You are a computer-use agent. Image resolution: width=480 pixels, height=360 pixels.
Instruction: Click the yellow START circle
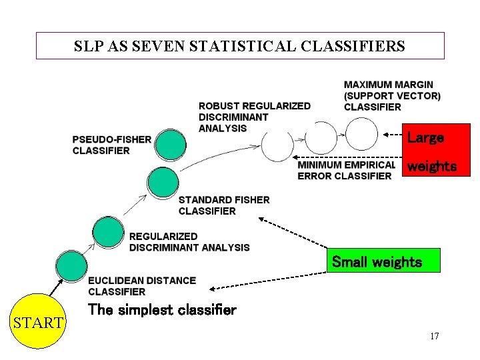39,322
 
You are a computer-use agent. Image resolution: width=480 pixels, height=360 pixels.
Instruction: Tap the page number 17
434,336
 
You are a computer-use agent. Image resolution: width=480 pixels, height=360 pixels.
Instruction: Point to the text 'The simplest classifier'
162,310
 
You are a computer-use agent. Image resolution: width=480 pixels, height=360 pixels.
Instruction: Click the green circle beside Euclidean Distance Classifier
71,265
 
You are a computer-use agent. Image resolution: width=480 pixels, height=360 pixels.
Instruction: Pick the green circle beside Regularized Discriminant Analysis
108,231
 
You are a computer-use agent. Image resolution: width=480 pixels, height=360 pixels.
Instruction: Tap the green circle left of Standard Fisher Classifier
162,182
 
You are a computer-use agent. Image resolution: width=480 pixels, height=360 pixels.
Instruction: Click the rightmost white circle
362,134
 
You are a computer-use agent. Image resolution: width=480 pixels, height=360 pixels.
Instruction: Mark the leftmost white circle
277,145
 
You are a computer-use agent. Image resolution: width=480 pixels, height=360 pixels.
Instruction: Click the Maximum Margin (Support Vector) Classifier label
392,96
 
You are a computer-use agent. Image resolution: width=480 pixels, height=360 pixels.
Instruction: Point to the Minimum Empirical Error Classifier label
346,170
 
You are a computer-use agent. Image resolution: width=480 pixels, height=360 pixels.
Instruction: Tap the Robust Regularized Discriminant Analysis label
254,117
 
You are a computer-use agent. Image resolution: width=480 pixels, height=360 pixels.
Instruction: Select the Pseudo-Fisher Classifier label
111,145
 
